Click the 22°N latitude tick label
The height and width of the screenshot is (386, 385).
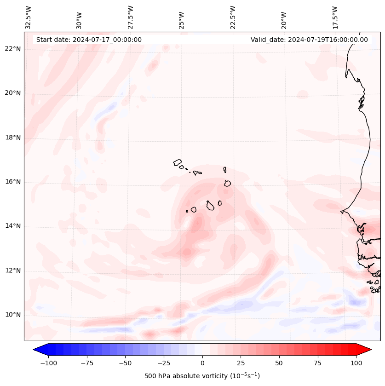[13, 49]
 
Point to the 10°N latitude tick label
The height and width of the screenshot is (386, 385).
[13, 315]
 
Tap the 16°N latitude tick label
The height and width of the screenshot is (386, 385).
[13, 182]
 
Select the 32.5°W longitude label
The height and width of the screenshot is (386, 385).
[29, 17]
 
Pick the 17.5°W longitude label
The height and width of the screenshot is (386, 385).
[335, 17]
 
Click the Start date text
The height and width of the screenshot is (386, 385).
[89, 40]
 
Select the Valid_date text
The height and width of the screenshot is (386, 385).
[309, 40]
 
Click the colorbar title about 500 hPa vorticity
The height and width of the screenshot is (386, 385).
[202, 376]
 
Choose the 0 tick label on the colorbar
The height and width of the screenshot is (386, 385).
[202, 363]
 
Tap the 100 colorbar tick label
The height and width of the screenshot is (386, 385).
[356, 363]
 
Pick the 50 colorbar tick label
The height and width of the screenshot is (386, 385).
[279, 363]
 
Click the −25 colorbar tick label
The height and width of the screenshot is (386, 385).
[163, 363]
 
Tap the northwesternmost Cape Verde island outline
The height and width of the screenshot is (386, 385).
[178, 162]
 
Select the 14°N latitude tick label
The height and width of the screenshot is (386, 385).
[13, 226]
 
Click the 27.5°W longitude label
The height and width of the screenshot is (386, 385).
[131, 17]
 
